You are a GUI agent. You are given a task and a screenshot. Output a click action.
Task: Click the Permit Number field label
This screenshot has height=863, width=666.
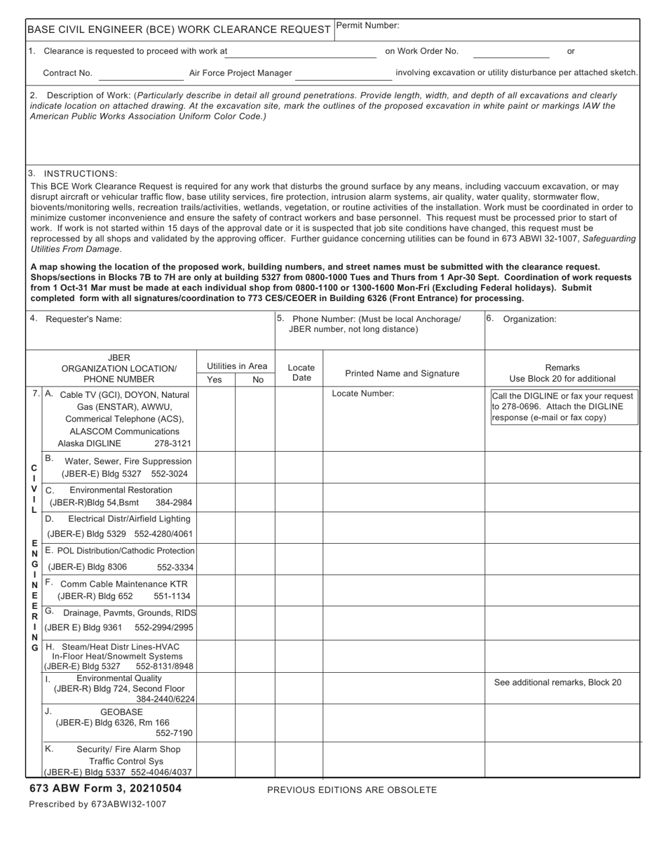tap(368, 25)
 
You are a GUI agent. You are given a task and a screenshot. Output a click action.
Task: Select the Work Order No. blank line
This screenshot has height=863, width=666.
tap(511, 52)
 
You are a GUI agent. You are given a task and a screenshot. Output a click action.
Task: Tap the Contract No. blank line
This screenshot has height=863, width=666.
tap(141, 74)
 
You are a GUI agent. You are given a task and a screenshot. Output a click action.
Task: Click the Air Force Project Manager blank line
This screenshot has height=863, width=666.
tap(343, 74)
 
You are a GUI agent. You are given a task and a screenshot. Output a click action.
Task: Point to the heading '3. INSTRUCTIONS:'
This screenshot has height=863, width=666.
tap(73, 173)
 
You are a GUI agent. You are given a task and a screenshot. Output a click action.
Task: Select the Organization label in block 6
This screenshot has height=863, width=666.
tap(529, 319)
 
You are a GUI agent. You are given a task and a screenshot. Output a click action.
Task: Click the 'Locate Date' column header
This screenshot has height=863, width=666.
tap(301, 373)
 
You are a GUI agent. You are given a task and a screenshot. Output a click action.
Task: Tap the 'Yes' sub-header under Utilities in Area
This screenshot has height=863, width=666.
tap(215, 380)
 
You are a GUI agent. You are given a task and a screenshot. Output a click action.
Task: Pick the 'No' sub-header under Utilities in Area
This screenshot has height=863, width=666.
tap(257, 380)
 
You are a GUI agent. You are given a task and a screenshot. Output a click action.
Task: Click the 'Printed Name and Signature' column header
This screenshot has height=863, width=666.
tap(402, 373)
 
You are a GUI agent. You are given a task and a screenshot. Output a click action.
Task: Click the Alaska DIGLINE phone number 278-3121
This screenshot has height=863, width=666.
tap(172, 443)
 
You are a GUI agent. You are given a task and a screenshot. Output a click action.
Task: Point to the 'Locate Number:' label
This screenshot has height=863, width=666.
tap(363, 394)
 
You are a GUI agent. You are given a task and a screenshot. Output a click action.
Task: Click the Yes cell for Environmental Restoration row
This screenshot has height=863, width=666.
tap(215, 497)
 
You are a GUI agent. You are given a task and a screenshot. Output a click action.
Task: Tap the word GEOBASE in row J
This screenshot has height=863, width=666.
tap(121, 711)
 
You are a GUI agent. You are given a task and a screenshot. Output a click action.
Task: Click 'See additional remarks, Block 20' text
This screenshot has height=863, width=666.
tap(557, 682)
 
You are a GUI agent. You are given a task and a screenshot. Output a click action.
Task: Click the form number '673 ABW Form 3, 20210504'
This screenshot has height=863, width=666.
tap(105, 789)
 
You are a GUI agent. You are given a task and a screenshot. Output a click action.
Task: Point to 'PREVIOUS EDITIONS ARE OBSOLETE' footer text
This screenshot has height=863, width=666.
tap(352, 790)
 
